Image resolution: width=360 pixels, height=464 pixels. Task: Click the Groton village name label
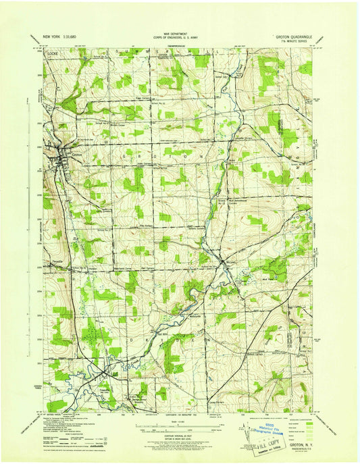tap(76, 155)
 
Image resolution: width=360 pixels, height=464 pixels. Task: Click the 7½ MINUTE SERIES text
tap(292, 43)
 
